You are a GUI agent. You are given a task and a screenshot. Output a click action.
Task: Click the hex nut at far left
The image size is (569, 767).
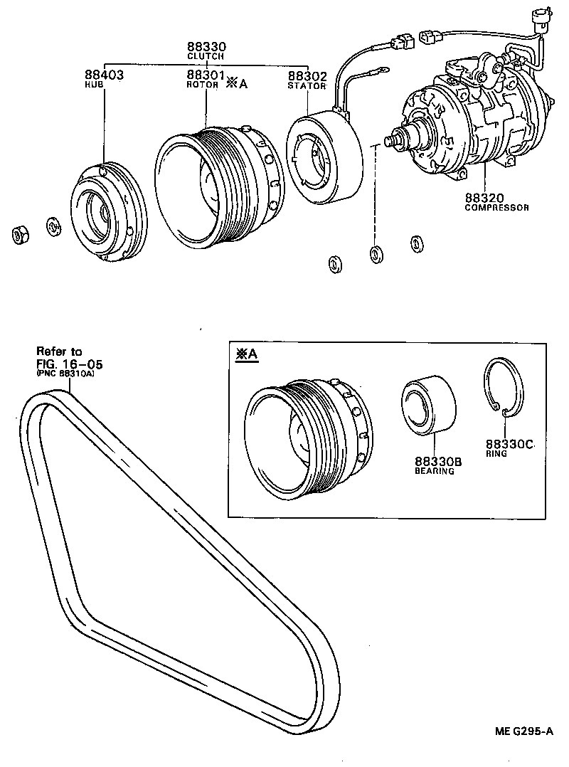(x=21, y=233)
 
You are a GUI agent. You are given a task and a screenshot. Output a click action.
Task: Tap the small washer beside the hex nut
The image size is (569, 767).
(x=53, y=228)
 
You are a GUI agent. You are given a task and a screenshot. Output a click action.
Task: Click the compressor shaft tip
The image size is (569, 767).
(x=390, y=140)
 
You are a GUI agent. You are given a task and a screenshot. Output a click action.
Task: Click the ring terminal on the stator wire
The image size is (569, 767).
(x=382, y=70)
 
